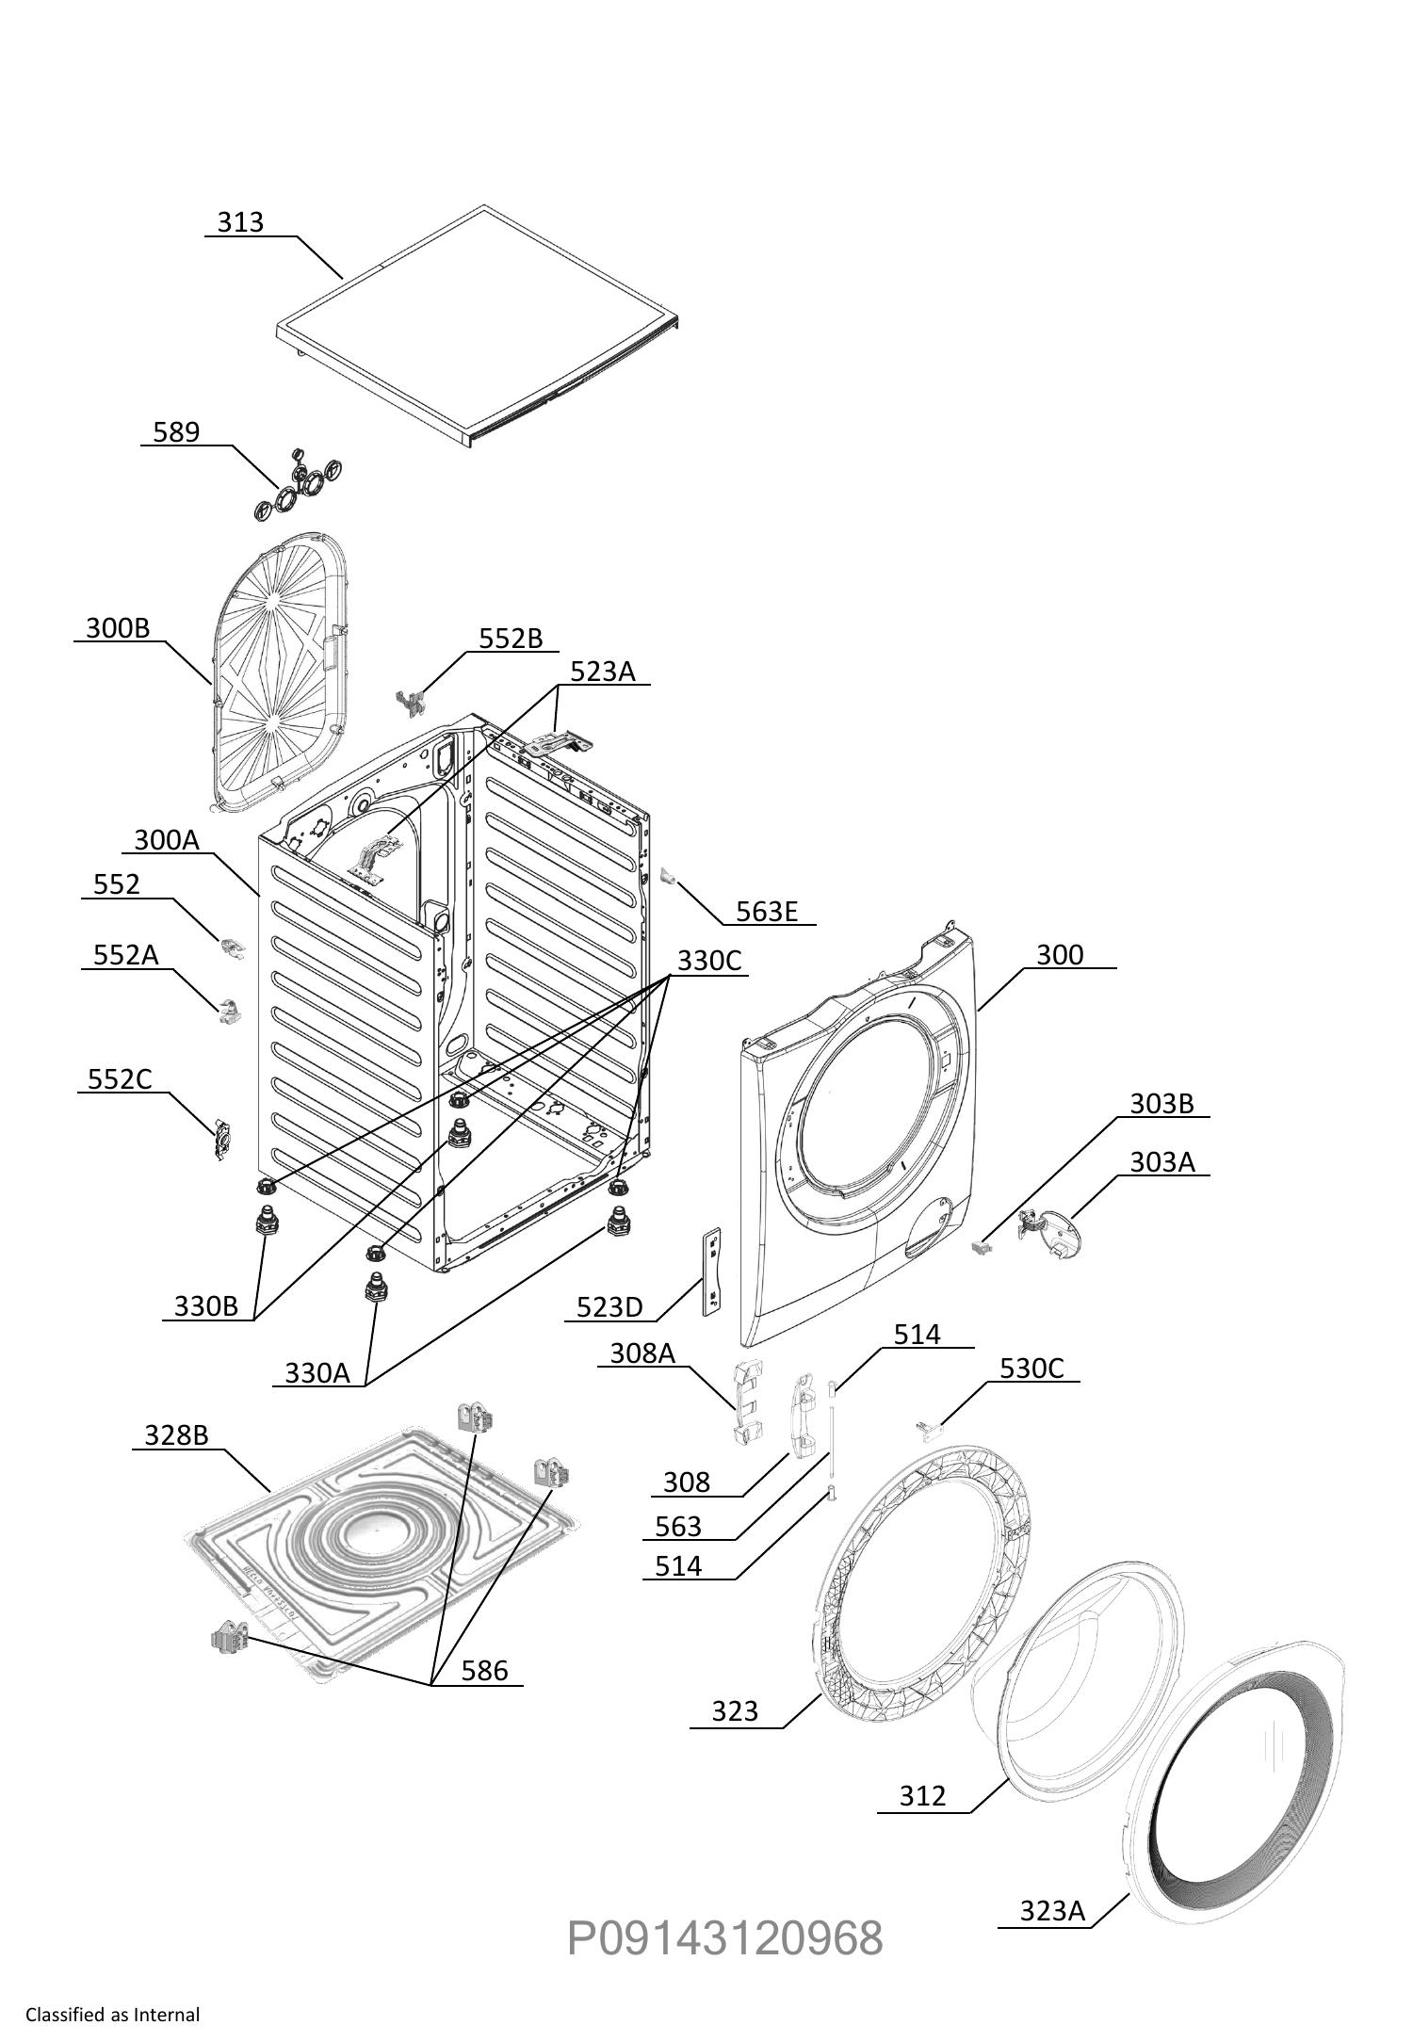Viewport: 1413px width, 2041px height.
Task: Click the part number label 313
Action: (240, 222)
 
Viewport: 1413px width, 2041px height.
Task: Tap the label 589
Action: (176, 431)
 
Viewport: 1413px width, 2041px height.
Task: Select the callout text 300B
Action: (118, 628)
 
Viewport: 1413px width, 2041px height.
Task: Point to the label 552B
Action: (511, 639)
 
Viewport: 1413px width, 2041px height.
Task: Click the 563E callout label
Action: (767, 912)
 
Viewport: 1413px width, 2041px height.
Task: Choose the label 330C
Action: (709, 961)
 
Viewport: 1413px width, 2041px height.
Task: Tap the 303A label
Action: (1162, 1162)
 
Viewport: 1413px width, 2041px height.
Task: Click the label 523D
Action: (609, 1307)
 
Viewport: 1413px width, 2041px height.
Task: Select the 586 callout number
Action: (484, 1671)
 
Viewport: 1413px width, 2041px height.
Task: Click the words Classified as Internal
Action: (113, 2016)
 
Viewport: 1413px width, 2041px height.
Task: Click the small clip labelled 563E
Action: (669, 877)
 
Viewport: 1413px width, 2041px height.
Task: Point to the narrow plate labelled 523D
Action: (712, 1271)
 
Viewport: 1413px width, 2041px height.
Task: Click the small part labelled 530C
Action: (931, 1432)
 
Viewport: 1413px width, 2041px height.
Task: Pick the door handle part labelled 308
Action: (805, 1415)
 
